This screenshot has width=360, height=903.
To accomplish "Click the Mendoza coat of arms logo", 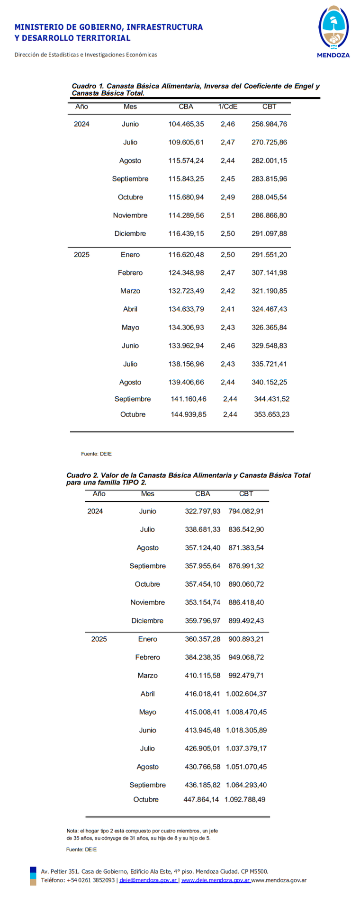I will click(x=333, y=27).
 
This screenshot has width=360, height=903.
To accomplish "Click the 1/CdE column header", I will click(x=227, y=107).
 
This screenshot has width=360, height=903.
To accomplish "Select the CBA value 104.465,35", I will click(x=186, y=124).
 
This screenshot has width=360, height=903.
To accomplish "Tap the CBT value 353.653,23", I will click(x=271, y=414).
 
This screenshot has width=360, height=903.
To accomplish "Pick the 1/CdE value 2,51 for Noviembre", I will click(x=227, y=215).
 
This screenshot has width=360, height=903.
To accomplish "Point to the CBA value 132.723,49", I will click(x=186, y=291).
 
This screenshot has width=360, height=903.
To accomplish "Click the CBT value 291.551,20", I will click(x=269, y=255).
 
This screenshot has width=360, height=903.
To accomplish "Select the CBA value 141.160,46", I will click(x=189, y=399).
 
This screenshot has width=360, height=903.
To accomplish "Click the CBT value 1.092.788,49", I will click(x=245, y=799).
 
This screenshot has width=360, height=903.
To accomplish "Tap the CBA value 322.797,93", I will click(x=202, y=511).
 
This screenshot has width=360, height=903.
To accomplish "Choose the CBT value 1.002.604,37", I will click(x=246, y=694).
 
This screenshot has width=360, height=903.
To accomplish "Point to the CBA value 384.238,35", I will click(x=202, y=657).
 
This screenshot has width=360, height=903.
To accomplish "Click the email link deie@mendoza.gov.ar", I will click(x=148, y=880).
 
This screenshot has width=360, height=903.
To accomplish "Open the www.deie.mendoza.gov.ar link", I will click(x=216, y=880).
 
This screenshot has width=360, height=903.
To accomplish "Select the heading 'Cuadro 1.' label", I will click(x=88, y=86).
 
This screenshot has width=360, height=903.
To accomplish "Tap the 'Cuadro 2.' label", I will click(x=82, y=475).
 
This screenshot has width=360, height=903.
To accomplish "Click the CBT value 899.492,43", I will click(x=246, y=621).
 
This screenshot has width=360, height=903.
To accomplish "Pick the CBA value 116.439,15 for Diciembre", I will click(x=186, y=233).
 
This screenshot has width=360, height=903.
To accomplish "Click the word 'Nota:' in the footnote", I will click(x=72, y=831).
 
